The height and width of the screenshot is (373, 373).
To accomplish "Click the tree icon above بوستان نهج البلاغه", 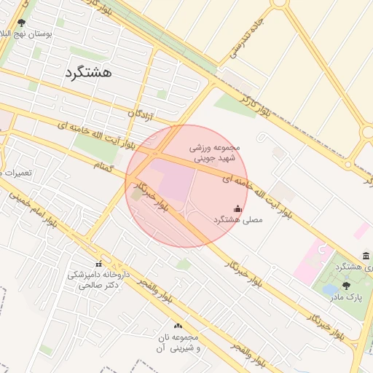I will (x=20, y=23).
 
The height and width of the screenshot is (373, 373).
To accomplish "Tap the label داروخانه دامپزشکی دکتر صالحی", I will (x=98, y=280).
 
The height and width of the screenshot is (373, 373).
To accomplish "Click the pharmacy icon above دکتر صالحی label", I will (x=98, y=264).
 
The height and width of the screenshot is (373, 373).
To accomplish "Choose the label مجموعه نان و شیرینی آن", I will (x=178, y=343).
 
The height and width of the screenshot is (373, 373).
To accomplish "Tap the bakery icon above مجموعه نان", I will (x=178, y=326).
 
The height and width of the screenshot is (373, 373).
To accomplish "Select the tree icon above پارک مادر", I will (x=345, y=286).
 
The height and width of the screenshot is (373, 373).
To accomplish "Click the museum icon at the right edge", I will (x=364, y=256).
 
